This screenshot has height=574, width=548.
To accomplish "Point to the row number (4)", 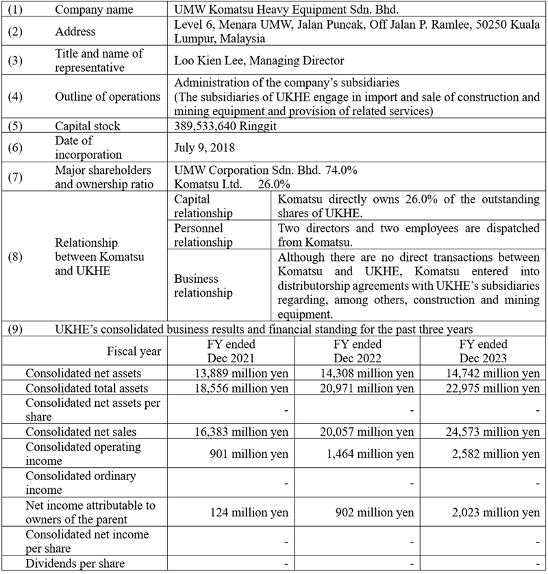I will pos(15,97).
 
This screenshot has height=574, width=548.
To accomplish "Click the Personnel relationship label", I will pos(203,235).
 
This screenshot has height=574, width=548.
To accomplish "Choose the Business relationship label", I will pos(203,286).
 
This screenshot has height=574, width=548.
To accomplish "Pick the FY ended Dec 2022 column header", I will pos(357,351).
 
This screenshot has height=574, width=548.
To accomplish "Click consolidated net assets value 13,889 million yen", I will pos(242,373).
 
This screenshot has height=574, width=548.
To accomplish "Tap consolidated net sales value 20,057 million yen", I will pos(368,432).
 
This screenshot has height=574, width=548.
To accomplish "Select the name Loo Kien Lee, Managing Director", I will pos(260,61).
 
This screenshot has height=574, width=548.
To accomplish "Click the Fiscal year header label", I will pos(134,351).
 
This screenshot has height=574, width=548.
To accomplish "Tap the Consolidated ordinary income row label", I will pos(81,482).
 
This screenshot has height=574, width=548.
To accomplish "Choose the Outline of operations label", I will pos(108,97).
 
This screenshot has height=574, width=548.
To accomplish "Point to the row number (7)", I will pos(15,177).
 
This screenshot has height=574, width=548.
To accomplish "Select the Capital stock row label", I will pos(87,126).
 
